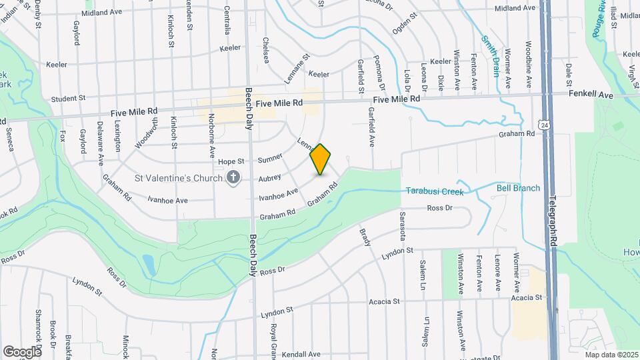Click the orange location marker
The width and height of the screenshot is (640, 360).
(x=321, y=159)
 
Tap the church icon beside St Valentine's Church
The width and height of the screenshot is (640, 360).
(x=233, y=178)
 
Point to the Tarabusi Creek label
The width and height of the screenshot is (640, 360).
(x=434, y=192)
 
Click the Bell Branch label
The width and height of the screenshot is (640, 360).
(x=518, y=189)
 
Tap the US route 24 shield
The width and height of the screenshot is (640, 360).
(x=545, y=125)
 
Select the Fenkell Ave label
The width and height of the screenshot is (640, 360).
(x=591, y=96)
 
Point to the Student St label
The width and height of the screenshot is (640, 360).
(x=69, y=98)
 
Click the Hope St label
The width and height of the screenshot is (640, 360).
(x=229, y=162)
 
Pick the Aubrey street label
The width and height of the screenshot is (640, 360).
(x=269, y=178)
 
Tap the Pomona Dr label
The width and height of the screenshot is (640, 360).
(x=381, y=73)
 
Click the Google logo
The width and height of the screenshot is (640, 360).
(x=22, y=351)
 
